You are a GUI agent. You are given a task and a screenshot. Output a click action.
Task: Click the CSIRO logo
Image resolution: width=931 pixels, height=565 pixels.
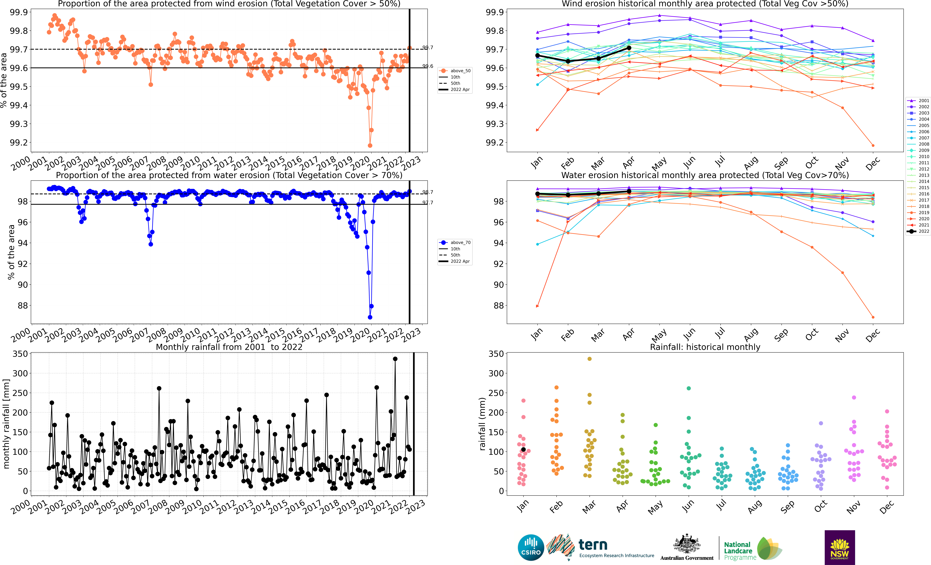coord(531,547)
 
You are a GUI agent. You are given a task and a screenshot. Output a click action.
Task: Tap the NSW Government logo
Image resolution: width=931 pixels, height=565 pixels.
coord(840,547)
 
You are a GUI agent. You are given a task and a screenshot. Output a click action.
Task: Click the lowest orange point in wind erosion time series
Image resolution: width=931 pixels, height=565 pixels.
coord(370,145)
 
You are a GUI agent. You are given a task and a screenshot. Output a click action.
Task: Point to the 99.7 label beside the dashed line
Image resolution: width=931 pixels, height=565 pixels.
coord(428,48)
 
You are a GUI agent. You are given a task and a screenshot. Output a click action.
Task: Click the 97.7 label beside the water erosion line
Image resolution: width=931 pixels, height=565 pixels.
coord(428,203)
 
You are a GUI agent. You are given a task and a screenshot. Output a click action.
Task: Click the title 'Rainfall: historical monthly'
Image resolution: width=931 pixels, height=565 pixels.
coord(705,347)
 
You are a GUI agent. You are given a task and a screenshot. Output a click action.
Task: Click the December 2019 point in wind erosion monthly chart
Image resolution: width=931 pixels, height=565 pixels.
coord(873,145)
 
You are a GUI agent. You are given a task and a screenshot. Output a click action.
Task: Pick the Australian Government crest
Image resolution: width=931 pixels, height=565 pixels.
coord(687,544)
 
